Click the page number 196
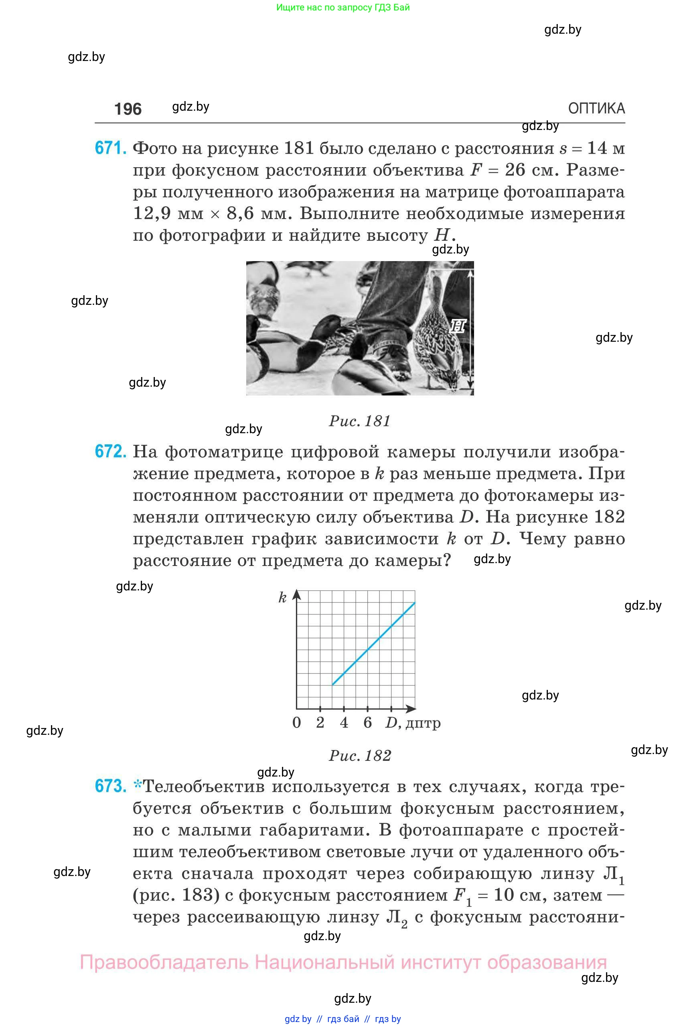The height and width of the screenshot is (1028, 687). (128, 109)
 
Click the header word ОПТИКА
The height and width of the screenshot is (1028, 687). (596, 108)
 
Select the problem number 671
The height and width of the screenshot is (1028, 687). (110, 148)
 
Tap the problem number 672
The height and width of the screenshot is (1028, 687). (110, 451)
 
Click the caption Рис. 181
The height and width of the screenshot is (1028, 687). (359, 421)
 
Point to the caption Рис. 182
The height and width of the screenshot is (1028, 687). (360, 755)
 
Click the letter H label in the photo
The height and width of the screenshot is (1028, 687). (458, 326)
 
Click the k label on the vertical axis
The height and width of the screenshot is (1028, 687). (283, 598)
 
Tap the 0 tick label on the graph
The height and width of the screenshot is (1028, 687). (297, 723)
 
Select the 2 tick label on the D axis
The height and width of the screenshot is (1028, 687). (320, 723)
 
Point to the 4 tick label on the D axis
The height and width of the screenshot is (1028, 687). (344, 723)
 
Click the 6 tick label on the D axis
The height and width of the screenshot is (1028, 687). (368, 723)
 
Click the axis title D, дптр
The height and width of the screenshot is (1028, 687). (413, 723)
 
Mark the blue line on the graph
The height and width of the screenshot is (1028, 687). (373, 644)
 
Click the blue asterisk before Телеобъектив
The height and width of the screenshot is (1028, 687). (138, 785)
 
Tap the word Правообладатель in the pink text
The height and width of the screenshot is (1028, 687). (164, 963)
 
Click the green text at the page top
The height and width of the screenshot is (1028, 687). (343, 8)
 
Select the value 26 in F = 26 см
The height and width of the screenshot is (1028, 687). (515, 170)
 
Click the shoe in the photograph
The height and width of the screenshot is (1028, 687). (394, 359)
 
